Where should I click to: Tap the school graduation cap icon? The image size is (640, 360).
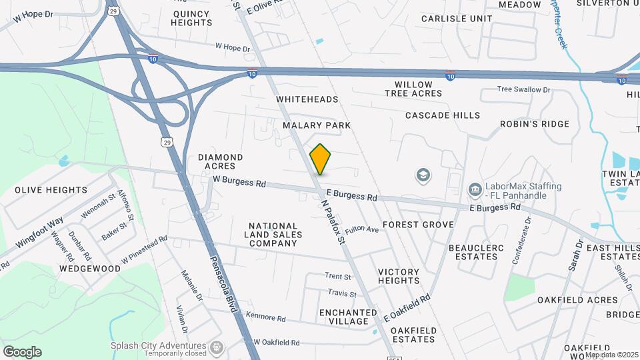[423, 176]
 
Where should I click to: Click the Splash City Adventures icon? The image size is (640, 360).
[216, 347]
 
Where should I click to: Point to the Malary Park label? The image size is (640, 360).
[316, 125]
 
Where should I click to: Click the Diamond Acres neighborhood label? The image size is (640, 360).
[220, 161]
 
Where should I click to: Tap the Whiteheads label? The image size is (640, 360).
[307, 99]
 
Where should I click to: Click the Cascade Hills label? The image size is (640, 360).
[443, 115]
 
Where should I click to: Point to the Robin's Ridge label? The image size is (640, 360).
[535, 124]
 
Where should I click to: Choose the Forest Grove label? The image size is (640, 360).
[418, 225]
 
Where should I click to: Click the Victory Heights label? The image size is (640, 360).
[399, 276]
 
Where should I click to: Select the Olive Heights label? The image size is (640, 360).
[51, 190]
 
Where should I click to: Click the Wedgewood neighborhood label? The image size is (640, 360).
[90, 269]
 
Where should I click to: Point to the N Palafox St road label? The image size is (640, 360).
[334, 221]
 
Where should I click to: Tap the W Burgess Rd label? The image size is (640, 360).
[239, 181]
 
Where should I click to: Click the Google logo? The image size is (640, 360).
[22, 352]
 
